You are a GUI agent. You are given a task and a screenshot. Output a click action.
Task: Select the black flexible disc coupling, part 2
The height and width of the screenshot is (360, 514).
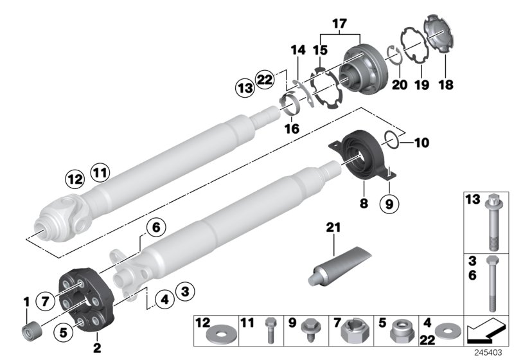tap(85, 299)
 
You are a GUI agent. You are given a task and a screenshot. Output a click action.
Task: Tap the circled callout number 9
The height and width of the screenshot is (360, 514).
tap(389, 204)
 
